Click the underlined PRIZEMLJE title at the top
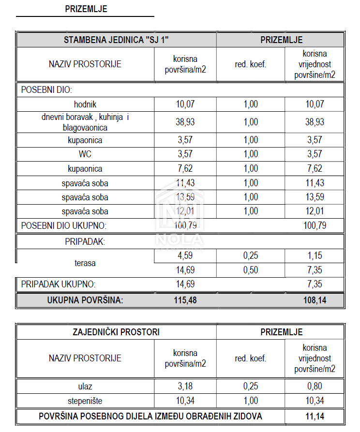coord(86,9)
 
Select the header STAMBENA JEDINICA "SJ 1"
coord(116,40)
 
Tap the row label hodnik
coord(85,104)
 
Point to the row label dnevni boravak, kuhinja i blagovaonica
coord(85,122)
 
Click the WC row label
coord(85,155)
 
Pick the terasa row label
coord(85,263)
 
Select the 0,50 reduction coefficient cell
coord(251,270)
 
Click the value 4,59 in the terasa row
coord(185,256)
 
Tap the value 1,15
coord(315,256)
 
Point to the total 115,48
coord(185,300)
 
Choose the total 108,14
coord(315,300)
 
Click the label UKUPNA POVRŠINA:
coord(85,300)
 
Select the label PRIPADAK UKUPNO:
coord(58,284)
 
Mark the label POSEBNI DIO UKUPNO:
coord(63,225)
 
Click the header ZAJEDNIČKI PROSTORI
coord(116,332)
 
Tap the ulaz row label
coord(85,387)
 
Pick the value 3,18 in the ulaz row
coord(185,387)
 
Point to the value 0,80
coord(315,387)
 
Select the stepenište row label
coord(85,401)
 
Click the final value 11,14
coord(315,416)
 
